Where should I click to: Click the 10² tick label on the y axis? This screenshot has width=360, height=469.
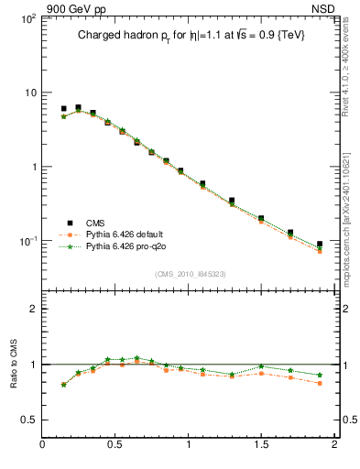[x=27, y=18]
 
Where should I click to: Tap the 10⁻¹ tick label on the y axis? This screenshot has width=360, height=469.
[x=27, y=241]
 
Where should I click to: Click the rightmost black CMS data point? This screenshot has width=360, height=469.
[x=319, y=245]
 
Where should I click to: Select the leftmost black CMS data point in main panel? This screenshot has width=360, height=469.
[x=63, y=108]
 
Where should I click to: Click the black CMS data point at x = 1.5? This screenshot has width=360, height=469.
[x=261, y=219]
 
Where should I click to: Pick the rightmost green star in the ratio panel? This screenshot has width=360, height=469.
[x=319, y=375]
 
